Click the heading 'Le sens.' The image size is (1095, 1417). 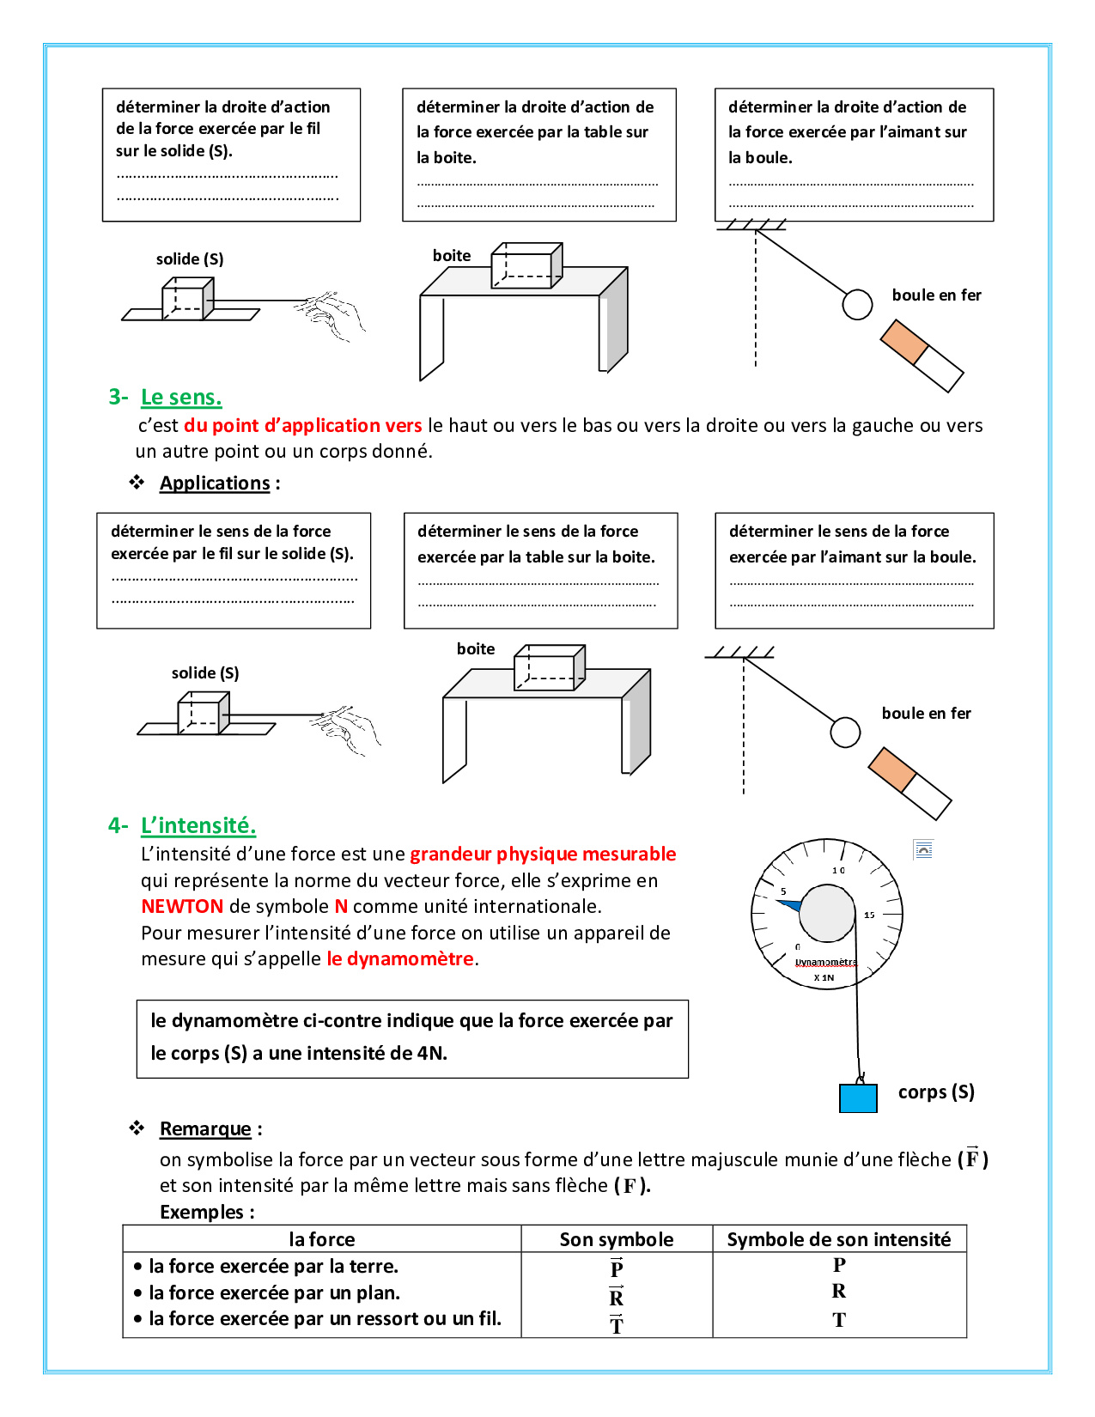pos(181,398)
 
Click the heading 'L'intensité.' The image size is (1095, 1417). pos(198,826)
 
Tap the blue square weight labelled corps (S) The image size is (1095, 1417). pos(858,1098)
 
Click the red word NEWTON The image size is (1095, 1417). pos(182,907)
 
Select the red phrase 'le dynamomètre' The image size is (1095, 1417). pos(400,959)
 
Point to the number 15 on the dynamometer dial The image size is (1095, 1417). pos(869,915)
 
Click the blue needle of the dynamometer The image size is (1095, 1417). pos(790,904)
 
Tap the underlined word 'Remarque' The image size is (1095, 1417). pos(205,1129)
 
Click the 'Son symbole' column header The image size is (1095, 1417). pos(617,1240)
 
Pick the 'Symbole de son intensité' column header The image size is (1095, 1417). pos(839,1240)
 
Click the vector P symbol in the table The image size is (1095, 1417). pos(617,1268)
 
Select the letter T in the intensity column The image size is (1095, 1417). pos(839,1321)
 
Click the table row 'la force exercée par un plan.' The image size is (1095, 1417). pos(274,1293)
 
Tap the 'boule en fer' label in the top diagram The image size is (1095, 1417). pos(936,295)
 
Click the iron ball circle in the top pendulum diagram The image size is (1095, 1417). pos(857,305)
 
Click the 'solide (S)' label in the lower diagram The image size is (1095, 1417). pos(205,673)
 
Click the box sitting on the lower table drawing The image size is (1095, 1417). pos(549,668)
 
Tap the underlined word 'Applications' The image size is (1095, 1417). pos(215,483)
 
